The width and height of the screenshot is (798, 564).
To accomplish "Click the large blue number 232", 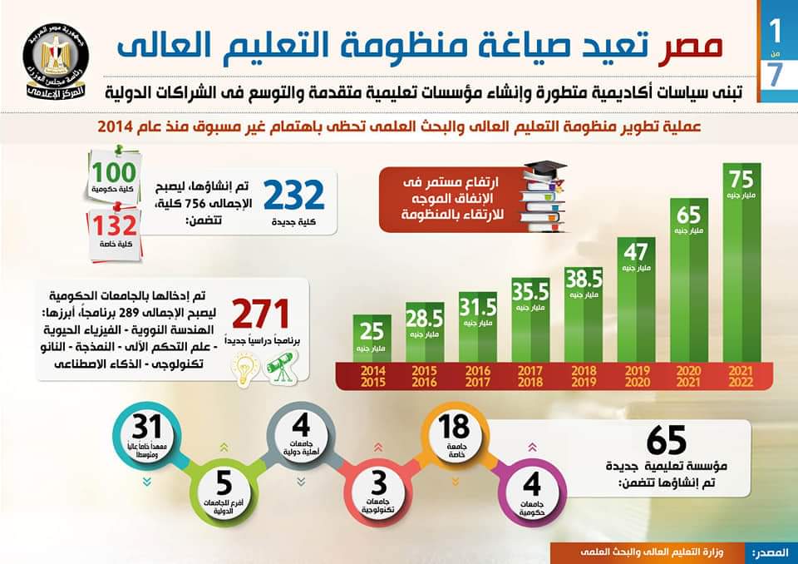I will (293, 195).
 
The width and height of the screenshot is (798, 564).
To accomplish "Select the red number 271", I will (260, 314).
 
